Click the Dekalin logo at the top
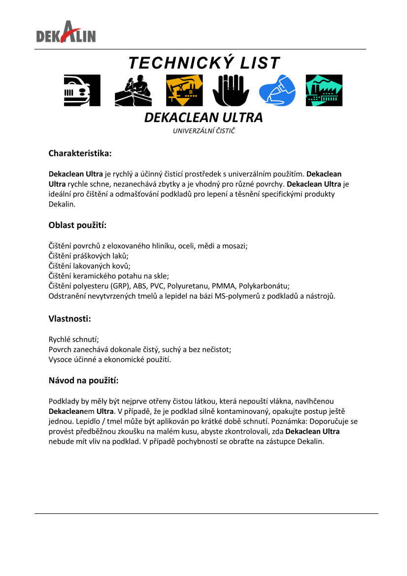[66, 32]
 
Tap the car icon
[82, 90]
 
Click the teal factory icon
[324, 90]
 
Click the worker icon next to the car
[133, 90]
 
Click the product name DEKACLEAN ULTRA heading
[203, 118]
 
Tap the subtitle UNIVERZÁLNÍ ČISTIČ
[203, 131]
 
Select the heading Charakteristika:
[80, 153]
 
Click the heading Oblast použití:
[77, 225]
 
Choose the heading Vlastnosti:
[69, 318]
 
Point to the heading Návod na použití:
[83, 380]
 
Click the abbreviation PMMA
[224, 286]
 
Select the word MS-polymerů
[236, 296]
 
